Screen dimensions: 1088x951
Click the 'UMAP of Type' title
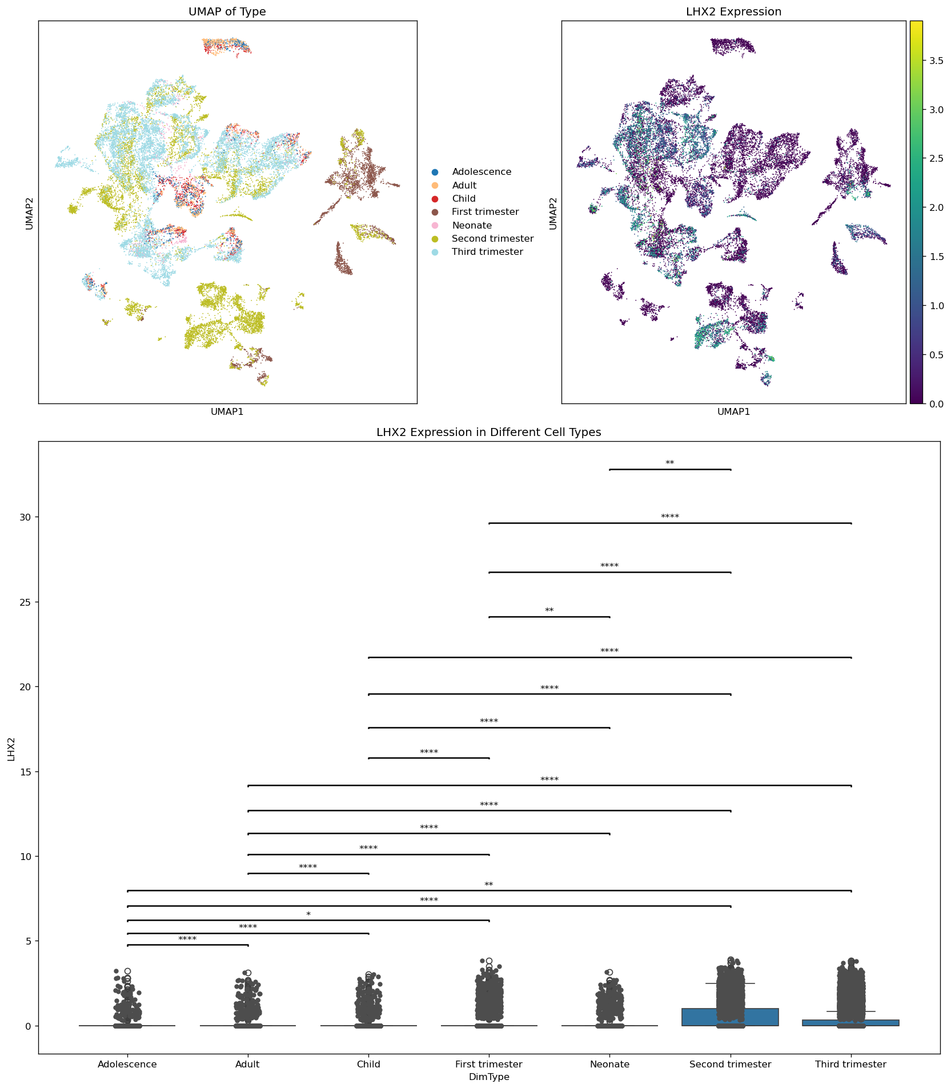click(x=227, y=11)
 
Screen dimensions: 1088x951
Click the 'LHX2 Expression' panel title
click(x=733, y=11)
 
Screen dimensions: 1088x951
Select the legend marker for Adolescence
click(x=435, y=172)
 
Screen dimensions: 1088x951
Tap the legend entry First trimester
click(x=485, y=212)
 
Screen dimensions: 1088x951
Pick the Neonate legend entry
click(x=471, y=225)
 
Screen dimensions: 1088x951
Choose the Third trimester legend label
click(x=487, y=252)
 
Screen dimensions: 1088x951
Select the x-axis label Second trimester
click(x=730, y=1065)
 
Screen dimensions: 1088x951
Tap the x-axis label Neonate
click(x=609, y=1065)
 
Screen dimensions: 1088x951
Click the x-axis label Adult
click(x=247, y=1065)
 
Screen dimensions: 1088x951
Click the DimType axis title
click(x=489, y=1077)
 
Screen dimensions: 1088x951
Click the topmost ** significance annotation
click(x=670, y=463)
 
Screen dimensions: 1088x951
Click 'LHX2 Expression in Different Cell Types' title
click(x=489, y=433)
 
